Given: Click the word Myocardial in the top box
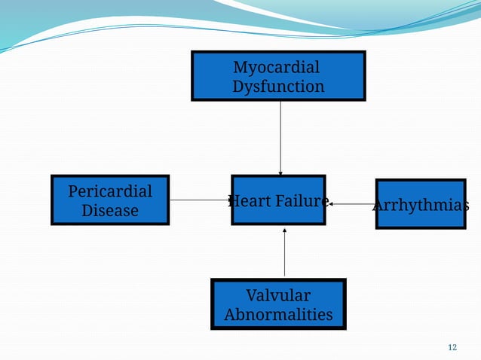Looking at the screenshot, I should [276, 67].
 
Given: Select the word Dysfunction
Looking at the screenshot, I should [278, 87].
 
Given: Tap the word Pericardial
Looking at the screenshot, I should [110, 191].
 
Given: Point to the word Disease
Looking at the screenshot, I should [110, 210].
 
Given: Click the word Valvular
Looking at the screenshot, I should [278, 294].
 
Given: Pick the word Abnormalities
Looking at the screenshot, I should [278, 314].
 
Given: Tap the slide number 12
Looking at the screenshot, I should [452, 347].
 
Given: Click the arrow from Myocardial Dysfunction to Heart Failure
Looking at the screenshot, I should [280, 136].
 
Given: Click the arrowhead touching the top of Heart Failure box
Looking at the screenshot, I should [280, 172].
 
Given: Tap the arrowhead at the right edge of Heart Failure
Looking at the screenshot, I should [330, 203].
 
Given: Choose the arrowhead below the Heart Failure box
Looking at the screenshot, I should [284, 230].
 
